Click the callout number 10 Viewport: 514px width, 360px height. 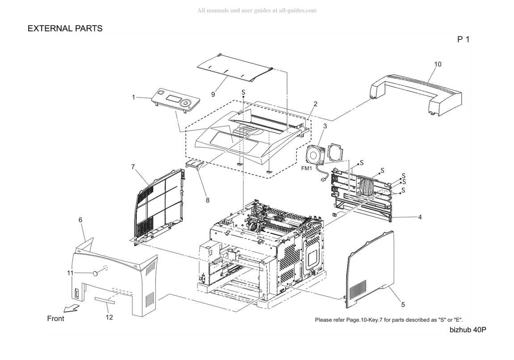coord(438,64)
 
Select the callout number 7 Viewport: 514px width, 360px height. coord(133,167)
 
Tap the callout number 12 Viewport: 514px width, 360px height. coord(109,317)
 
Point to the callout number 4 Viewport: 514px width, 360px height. coord(420,217)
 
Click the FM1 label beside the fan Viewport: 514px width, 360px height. coord(307,169)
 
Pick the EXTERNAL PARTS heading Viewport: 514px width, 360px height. coord(65,29)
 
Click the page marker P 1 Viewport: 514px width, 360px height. coord(463,39)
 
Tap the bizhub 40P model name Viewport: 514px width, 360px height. coord(468,330)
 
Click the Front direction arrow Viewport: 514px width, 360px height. coord(72,308)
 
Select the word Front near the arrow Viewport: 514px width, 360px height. coord(56,318)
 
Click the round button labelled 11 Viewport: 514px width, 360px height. coord(95,273)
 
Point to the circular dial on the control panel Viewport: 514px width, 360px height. coord(185,102)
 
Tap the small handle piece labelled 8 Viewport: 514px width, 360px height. coord(195,165)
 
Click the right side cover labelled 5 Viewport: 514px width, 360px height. coord(370,270)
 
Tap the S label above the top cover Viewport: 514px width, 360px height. coord(243,92)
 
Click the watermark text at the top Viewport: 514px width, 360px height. coord(257,10)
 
